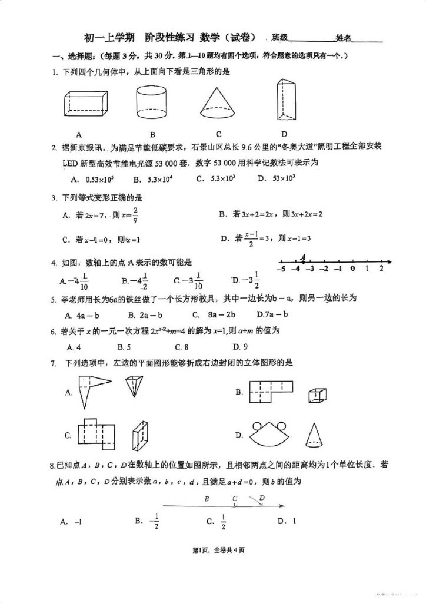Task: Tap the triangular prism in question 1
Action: click(x=287, y=101)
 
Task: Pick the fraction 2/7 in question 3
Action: click(x=135, y=216)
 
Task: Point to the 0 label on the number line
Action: click(x=352, y=269)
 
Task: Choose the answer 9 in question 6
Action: click(x=240, y=346)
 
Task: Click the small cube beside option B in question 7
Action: click(x=318, y=395)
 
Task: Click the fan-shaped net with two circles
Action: click(x=269, y=435)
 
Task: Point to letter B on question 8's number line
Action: click(x=207, y=499)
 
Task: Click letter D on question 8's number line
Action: click(x=262, y=498)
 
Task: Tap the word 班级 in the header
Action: click(x=279, y=38)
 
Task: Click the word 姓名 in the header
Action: click(x=343, y=38)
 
